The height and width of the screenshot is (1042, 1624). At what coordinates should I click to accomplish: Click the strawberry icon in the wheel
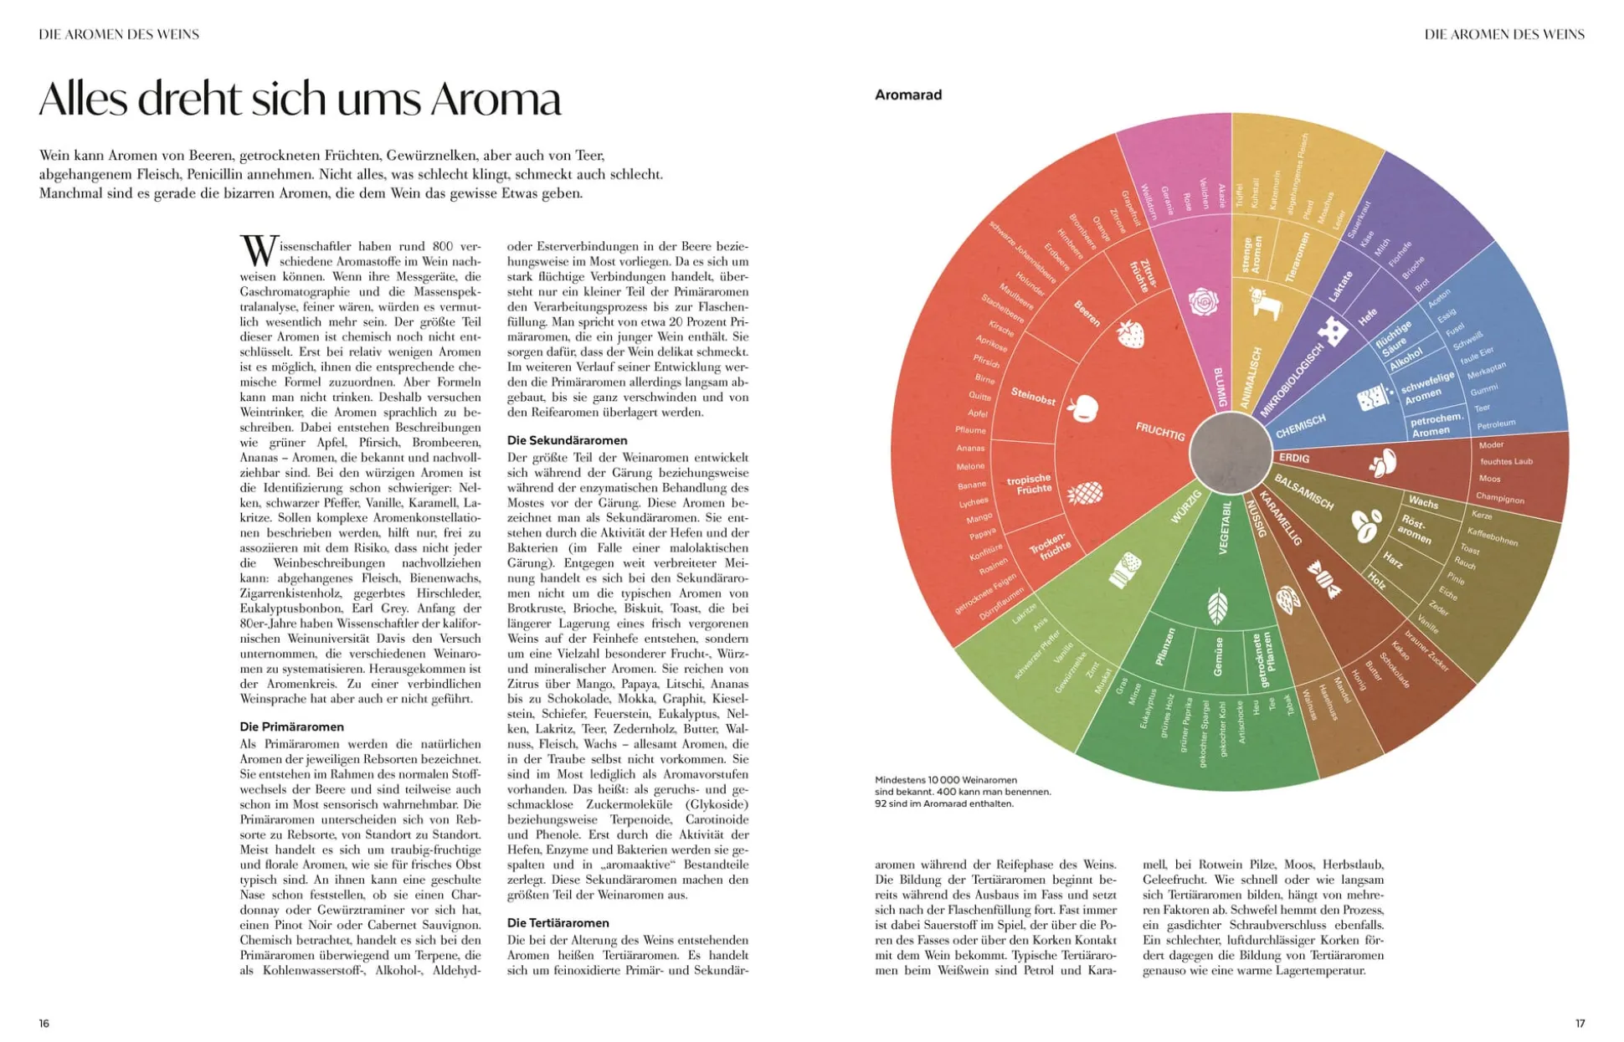coord(1130,334)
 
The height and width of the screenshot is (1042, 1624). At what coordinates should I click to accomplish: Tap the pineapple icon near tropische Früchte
coord(1085,492)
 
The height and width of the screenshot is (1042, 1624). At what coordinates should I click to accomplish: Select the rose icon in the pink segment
coord(1203,301)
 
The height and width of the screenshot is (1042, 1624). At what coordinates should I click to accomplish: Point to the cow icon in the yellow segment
coord(1266,302)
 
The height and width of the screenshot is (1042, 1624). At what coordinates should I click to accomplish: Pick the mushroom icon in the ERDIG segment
coord(1381,461)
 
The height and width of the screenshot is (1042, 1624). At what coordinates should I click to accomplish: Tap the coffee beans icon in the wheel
coord(1365,526)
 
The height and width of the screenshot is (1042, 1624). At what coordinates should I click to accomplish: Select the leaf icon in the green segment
coord(1218,607)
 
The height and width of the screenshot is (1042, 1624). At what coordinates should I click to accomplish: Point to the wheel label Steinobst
coord(1033,397)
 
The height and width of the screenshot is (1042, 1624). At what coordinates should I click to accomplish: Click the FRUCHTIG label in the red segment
coord(1160,431)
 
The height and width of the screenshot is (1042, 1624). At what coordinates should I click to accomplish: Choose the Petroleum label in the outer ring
coord(1496,424)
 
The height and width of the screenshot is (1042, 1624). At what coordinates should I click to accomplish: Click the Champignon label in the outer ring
coord(1499,498)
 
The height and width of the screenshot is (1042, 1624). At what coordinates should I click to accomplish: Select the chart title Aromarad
coord(908,95)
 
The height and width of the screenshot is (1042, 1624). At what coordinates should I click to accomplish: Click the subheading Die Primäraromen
coord(291,726)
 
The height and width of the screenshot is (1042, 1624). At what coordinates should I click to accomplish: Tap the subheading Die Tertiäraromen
coord(558,922)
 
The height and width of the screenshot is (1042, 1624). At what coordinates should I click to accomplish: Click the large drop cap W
coord(258,250)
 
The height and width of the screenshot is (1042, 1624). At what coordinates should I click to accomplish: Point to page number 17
coord(1580,1023)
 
